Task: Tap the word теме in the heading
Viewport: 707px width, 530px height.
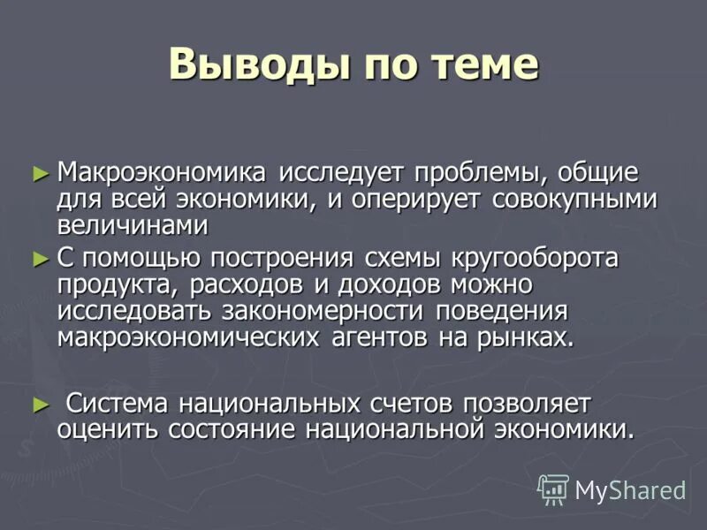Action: point(483,64)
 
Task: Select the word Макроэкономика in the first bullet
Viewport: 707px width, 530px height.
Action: point(167,171)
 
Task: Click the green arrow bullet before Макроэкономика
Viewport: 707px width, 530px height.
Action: point(39,172)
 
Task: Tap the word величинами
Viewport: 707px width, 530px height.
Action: point(133,225)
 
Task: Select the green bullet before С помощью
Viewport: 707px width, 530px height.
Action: point(39,259)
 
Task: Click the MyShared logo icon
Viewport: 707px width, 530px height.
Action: point(553,489)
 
